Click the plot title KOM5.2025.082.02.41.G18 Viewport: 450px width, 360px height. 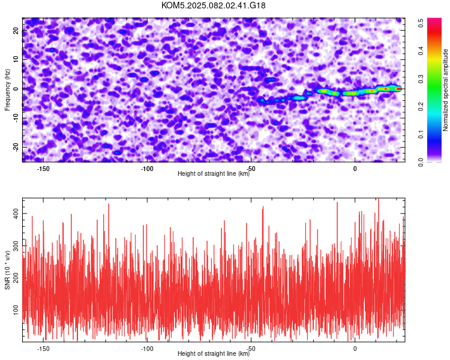point(213,5)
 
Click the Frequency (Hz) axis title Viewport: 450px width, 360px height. point(7,90)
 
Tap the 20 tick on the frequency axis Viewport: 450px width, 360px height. point(16,31)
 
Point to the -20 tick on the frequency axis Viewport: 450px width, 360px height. point(16,147)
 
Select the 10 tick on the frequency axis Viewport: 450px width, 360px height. point(16,59)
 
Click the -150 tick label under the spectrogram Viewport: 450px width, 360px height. point(43,169)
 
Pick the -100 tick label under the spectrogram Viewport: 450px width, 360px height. point(147,169)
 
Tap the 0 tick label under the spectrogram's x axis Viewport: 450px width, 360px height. point(355,169)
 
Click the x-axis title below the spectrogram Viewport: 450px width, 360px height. point(214,173)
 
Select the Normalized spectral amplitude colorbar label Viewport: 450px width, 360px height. point(445,90)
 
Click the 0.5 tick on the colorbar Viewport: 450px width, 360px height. point(421,23)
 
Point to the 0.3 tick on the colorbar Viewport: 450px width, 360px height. point(421,79)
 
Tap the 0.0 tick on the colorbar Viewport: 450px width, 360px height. point(421,163)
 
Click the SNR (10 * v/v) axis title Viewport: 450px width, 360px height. point(7,270)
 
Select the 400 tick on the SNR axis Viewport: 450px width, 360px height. point(16,214)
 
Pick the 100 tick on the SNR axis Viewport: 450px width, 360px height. point(16,310)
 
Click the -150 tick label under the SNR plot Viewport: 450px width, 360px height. point(43,349)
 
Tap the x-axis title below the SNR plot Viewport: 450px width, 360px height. point(214,353)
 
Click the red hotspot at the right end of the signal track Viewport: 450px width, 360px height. point(398,89)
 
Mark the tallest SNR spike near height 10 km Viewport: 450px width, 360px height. point(379,199)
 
